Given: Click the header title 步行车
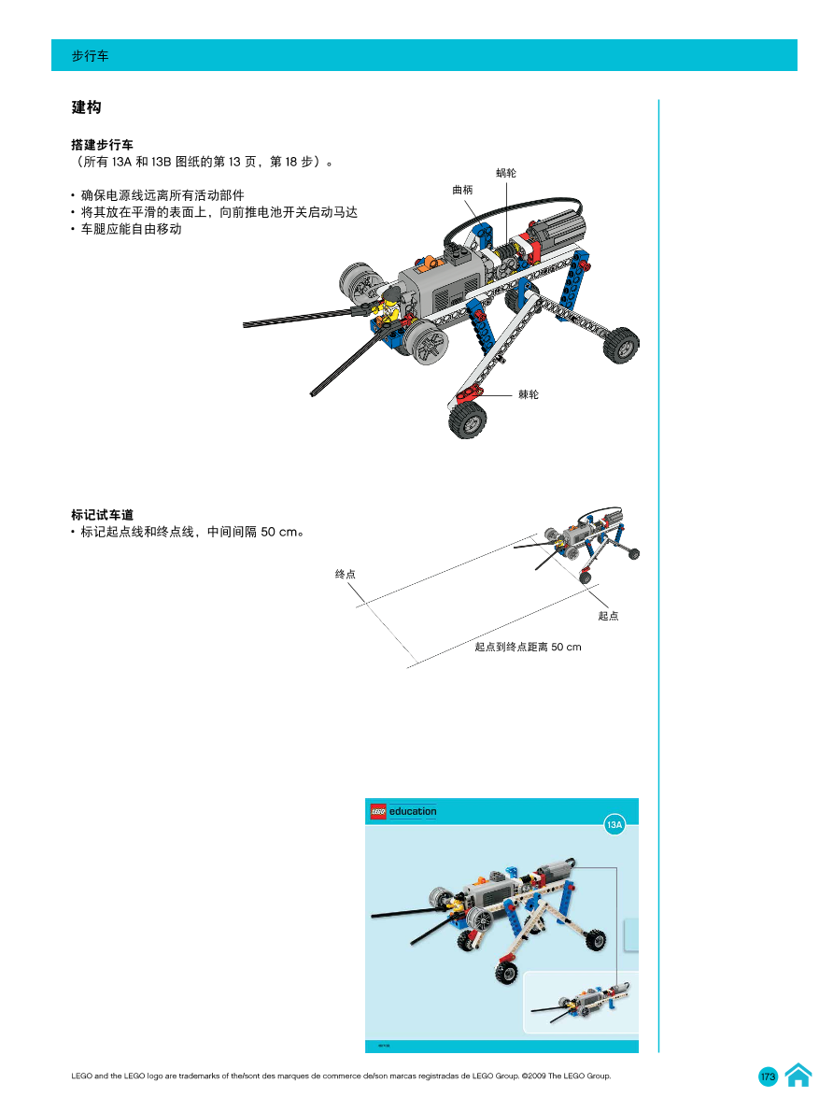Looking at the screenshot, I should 91,56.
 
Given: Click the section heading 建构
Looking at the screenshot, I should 86,107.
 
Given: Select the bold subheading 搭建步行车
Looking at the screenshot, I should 103,145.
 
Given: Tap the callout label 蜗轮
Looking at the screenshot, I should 506,173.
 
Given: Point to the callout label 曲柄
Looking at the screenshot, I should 462,190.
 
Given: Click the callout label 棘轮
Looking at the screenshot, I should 529,394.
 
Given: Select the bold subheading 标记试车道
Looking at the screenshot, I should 103,515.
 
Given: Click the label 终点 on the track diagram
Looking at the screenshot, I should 346,574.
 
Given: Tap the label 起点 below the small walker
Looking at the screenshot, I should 608,616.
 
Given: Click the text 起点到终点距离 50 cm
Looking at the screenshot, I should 528,647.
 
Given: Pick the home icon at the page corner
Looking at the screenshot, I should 798,1076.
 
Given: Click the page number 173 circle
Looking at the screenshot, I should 768,1076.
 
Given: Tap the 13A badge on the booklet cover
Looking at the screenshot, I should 614,825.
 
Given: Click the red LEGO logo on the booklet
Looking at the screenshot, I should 378,811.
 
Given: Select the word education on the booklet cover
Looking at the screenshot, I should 413,811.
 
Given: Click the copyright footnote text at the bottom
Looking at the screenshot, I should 341,1076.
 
